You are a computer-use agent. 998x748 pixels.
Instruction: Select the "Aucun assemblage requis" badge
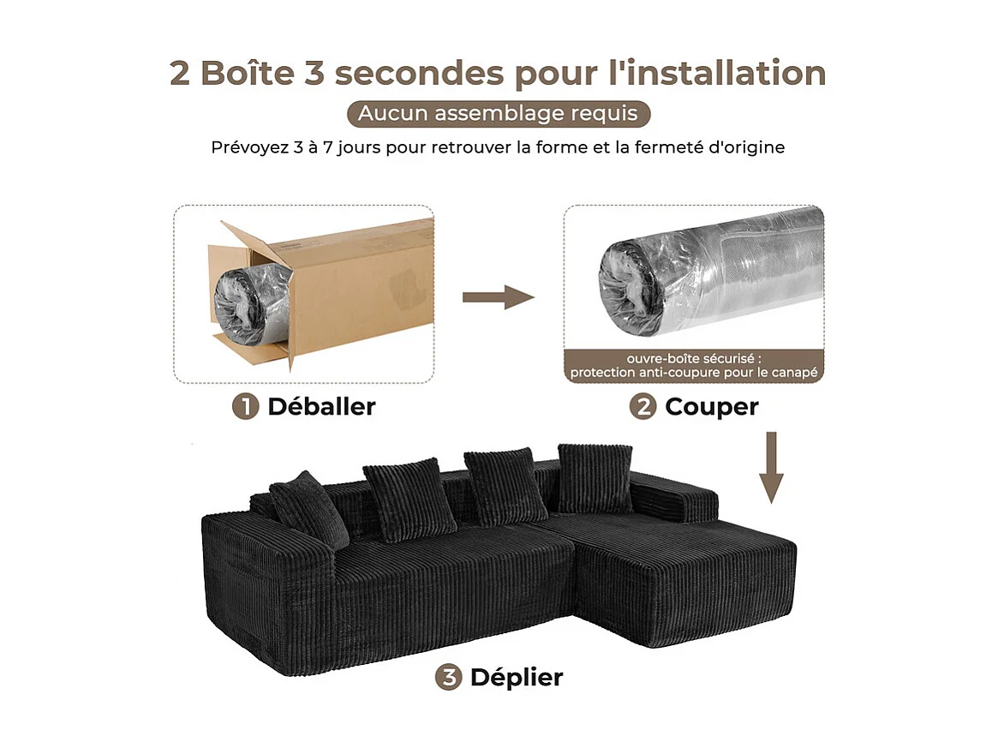[498, 113]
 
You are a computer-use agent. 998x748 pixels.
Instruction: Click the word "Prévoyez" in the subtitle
[246, 147]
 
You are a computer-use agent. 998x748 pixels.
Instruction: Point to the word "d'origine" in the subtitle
[748, 147]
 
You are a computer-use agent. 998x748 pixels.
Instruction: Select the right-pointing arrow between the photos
[498, 297]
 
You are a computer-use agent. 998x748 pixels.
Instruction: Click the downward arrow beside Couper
[772, 467]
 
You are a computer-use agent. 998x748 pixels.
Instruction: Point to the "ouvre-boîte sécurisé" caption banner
[693, 364]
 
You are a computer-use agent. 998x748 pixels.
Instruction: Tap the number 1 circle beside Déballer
[246, 407]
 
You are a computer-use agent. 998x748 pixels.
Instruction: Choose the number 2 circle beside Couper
[642, 407]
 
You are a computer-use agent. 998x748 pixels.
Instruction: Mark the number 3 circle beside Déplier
[448, 678]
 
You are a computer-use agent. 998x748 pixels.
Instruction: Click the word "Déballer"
[321, 407]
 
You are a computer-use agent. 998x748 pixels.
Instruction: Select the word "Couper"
[711, 407]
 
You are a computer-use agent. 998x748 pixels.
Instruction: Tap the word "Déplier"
[516, 678]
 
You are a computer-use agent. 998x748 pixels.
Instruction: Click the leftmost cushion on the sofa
[308, 509]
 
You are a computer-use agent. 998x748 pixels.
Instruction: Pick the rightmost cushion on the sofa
[595, 477]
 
